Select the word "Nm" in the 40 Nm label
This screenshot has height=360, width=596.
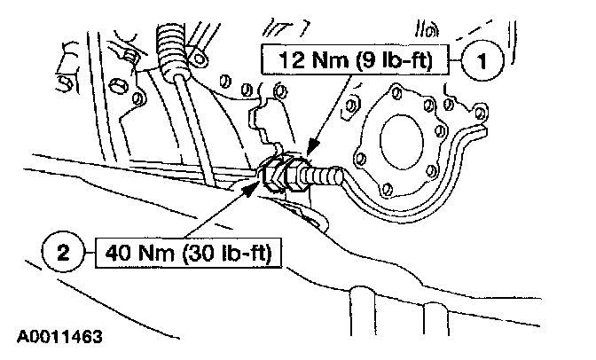(156, 254)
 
